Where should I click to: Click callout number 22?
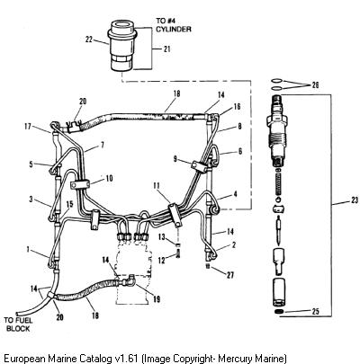89,40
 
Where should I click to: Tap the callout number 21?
166,49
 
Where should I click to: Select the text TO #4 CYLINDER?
174,25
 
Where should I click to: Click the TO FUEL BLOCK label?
18,324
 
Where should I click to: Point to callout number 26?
315,85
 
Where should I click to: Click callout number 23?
355,200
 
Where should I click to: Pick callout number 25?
315,312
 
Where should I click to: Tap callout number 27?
230,275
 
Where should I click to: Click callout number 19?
157,299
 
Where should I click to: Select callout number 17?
28,127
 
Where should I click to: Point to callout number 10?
109,178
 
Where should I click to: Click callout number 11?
156,186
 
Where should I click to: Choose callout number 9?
175,159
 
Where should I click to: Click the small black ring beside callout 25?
279,312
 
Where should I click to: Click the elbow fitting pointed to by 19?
130,280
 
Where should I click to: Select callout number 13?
161,237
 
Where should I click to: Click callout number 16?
237,106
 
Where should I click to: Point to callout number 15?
69,204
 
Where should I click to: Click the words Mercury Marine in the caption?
251,358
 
